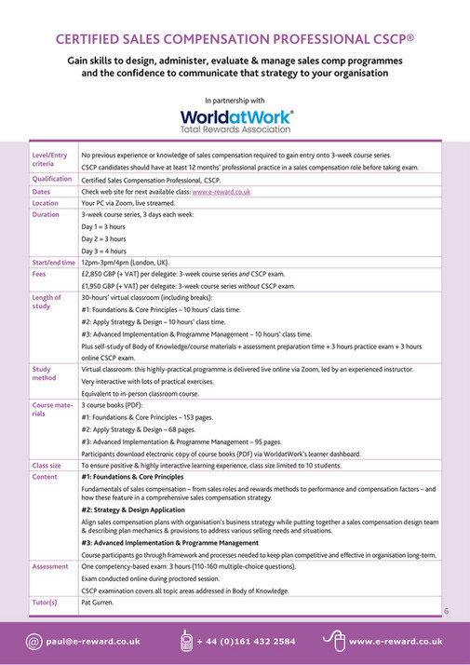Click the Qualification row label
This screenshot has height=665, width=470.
[53, 178]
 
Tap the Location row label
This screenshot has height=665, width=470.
[46, 202]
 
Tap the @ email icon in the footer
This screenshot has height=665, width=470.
[34, 641]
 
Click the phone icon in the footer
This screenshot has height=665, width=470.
[186, 641]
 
